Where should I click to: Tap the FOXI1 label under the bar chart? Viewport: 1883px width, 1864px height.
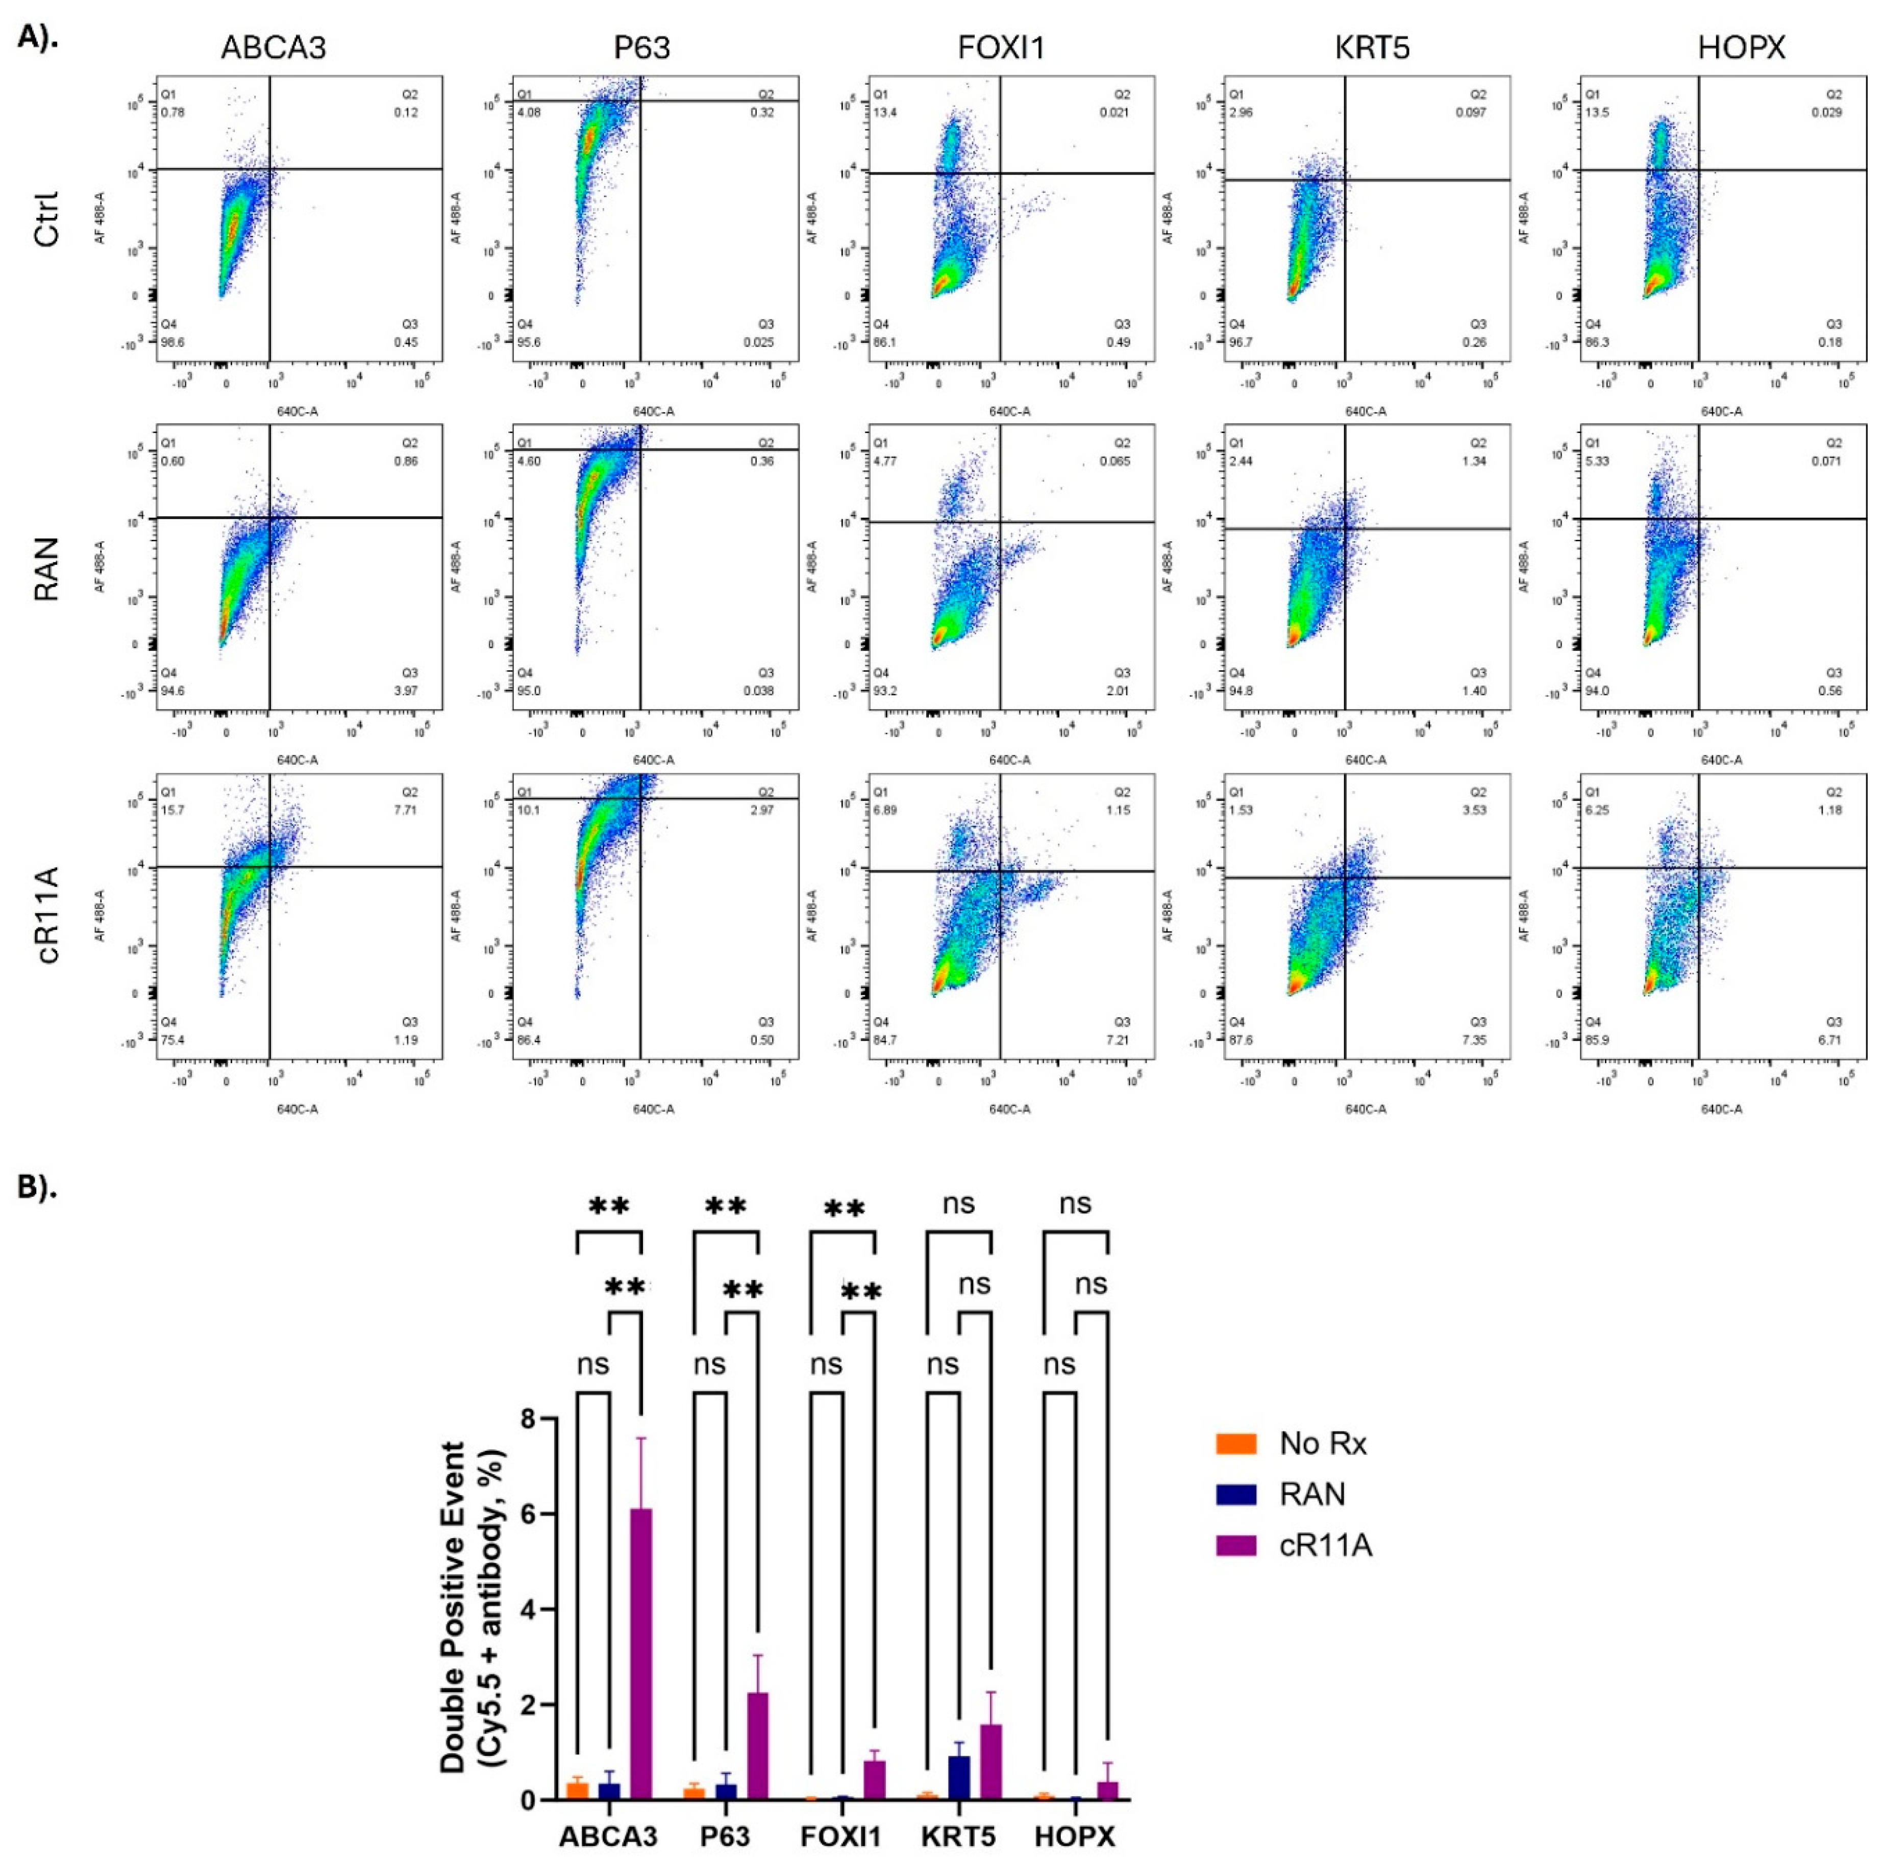840,1837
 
